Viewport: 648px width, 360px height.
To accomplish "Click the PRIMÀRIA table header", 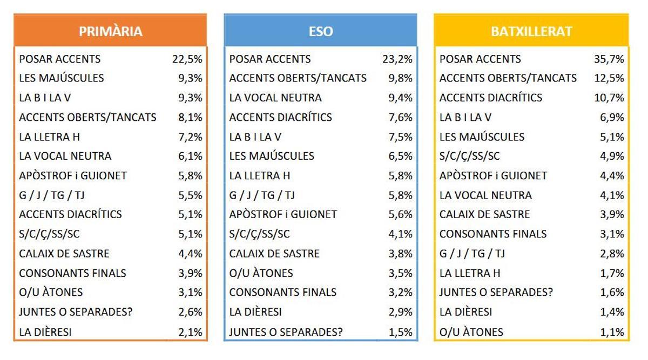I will point(111,31).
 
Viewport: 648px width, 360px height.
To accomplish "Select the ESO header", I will point(321,31).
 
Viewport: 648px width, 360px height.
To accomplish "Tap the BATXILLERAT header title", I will point(531,31).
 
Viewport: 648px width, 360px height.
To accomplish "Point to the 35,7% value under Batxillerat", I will point(609,59).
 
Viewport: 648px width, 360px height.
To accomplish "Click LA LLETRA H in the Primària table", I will point(50,137).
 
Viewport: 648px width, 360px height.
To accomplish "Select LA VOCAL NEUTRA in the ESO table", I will point(275,98).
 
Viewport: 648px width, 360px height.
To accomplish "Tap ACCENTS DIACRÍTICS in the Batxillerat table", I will point(491,98).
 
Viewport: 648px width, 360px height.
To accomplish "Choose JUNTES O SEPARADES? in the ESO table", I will point(286,332).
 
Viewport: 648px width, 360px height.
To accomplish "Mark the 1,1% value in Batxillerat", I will point(612,332).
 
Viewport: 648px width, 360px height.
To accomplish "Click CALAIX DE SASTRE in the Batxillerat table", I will point(485,214).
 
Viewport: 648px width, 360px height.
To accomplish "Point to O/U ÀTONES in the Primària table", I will point(51,293).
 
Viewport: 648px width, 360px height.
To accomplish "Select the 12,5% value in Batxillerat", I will point(609,78).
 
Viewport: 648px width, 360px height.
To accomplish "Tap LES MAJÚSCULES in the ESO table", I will point(272,156).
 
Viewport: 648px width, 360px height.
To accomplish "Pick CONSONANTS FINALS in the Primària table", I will point(72,273).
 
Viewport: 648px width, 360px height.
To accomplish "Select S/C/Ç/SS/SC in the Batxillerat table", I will point(470,156).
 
